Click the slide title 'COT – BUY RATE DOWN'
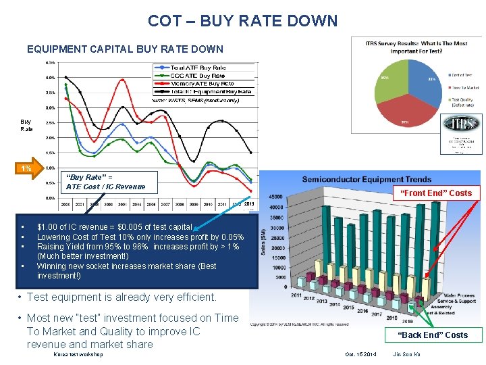242,21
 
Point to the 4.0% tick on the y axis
50,77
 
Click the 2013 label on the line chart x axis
248,203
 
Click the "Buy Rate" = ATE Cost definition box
105,182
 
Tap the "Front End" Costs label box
436,193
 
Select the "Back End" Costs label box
432,335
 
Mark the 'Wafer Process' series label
458,295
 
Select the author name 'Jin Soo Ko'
406,354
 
